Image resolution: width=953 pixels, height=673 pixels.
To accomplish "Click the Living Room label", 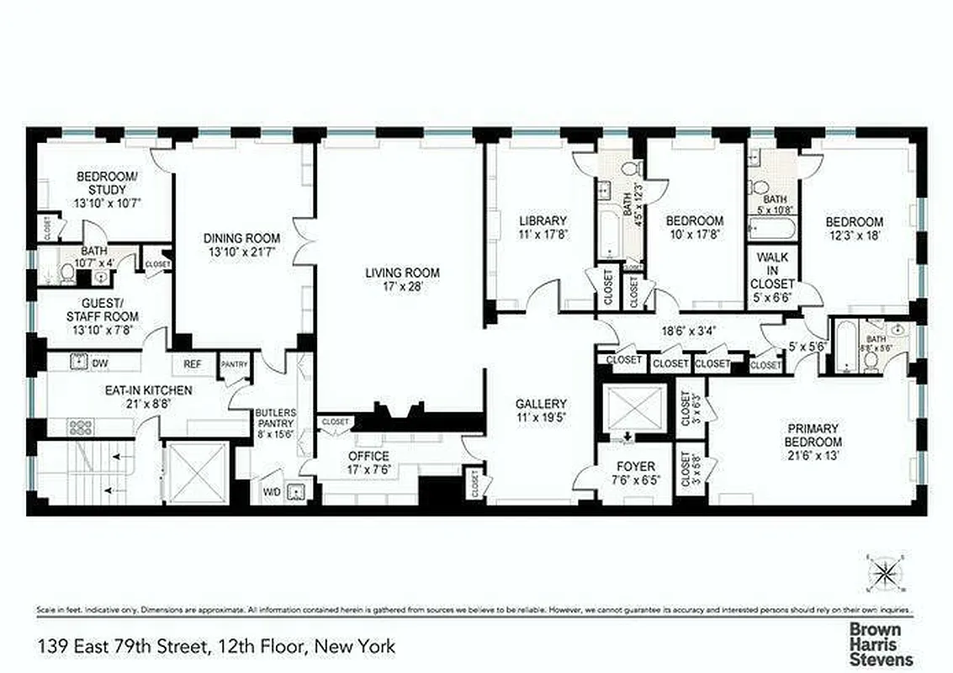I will [402, 273].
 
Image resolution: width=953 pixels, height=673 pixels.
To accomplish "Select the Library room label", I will [537, 221].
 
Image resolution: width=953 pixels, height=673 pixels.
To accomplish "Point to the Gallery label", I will [541, 403].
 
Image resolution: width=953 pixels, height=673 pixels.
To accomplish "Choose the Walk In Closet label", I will [772, 270].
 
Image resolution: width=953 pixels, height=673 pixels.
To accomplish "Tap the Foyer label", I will [636, 467].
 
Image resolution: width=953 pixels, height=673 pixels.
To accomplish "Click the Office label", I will [368, 457].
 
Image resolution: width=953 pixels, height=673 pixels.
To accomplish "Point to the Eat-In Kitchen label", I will [148, 390].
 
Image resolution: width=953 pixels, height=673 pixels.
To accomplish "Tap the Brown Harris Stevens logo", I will [880, 644].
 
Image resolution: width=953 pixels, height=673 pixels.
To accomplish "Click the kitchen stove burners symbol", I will [82, 427].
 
